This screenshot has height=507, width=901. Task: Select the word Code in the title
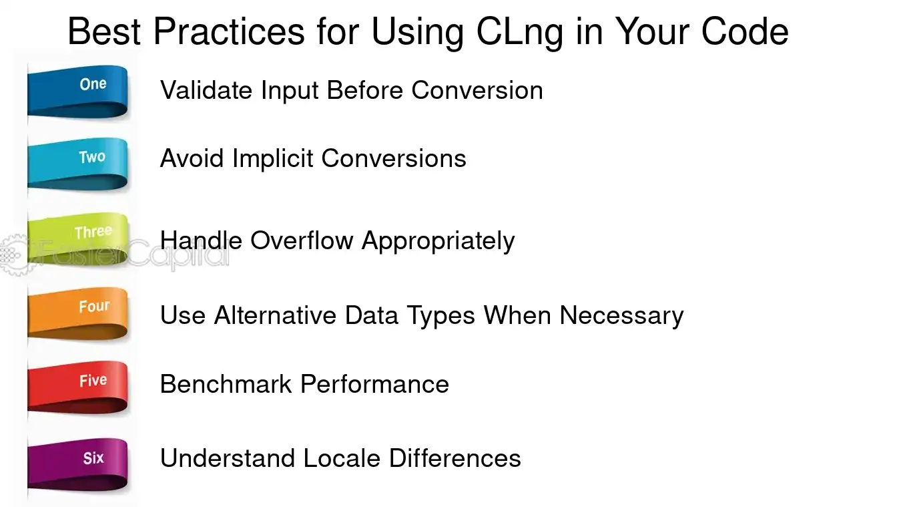pyautogui.click(x=745, y=31)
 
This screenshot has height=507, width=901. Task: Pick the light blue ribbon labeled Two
pyautogui.click(x=77, y=164)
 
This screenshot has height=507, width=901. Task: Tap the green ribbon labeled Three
pyautogui.click(x=77, y=239)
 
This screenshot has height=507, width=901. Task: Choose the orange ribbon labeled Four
pyautogui.click(x=77, y=313)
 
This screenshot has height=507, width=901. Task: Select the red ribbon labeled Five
pyautogui.click(x=77, y=387)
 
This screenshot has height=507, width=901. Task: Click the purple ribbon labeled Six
pyautogui.click(x=77, y=465)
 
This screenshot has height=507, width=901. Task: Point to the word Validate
pyautogui.click(x=206, y=90)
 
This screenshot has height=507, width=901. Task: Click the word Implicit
pyautogui.click(x=273, y=159)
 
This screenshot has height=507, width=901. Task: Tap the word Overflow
pyautogui.click(x=302, y=240)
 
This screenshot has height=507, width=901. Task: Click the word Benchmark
pyautogui.click(x=226, y=384)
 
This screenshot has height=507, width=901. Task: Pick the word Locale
pyautogui.click(x=342, y=458)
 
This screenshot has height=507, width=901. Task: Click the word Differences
pyautogui.click(x=455, y=458)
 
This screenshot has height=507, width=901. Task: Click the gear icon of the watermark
pyautogui.click(x=15, y=255)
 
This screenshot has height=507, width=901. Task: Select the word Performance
pyautogui.click(x=374, y=384)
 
